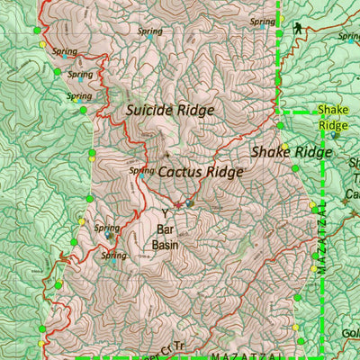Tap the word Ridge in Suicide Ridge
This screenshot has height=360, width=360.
197,111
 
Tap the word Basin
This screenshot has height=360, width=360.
164,244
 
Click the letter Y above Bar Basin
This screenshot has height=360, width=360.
165,213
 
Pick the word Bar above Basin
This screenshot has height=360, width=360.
164,229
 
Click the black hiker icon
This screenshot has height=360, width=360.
298,30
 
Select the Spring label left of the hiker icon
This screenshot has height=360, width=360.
262,21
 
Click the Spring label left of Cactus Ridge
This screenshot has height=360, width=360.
141,169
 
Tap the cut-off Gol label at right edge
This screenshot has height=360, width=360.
350,334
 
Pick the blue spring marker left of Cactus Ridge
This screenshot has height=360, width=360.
141,177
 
